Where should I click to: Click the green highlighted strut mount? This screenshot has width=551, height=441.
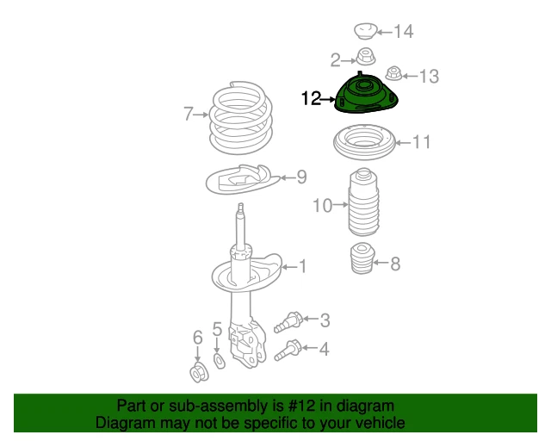366,95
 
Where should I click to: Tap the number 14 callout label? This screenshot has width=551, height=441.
404,32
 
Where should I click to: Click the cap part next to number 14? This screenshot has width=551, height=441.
365,31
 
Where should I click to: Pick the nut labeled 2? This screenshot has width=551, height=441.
366,57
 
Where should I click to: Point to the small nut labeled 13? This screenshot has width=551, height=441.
394,73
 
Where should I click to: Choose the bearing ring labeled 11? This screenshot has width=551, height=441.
364,142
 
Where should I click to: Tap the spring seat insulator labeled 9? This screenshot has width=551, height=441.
243,180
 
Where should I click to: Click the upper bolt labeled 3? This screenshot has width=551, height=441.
288,322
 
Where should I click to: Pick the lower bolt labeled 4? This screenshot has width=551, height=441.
288,351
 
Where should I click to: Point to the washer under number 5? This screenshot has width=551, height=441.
220,361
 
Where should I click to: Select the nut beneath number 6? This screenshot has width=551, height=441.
199,374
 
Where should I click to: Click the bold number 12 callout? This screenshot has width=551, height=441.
311,98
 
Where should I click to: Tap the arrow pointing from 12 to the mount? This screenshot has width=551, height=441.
328,100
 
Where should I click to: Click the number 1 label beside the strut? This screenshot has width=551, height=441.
302,266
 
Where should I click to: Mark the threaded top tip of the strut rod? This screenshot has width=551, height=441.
241,206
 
